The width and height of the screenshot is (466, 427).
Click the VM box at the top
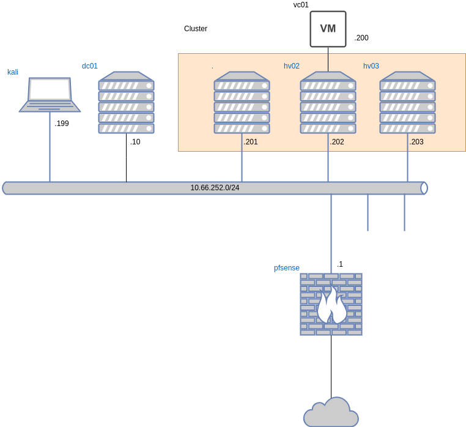click(x=328, y=29)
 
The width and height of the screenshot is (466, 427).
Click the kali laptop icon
click(x=50, y=95)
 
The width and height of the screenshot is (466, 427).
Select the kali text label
click(x=13, y=72)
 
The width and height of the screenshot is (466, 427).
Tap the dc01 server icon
click(x=126, y=103)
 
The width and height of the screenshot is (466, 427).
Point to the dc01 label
click(x=90, y=66)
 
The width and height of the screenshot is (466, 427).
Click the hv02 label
click(x=292, y=66)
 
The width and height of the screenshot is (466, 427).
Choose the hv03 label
click(x=371, y=66)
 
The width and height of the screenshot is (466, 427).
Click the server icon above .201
click(x=242, y=103)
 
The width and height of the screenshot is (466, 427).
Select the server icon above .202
click(x=328, y=103)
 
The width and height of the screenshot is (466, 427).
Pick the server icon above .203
click(x=407, y=103)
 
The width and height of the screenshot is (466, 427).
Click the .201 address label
click(x=251, y=142)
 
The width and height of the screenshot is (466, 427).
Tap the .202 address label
click(x=337, y=142)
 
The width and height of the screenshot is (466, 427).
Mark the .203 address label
click(x=416, y=142)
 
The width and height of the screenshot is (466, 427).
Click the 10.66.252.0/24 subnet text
click(x=215, y=188)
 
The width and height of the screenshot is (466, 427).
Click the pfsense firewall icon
click(x=331, y=304)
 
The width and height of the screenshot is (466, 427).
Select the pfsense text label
click(x=286, y=268)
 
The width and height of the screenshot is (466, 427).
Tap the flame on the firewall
click(x=331, y=305)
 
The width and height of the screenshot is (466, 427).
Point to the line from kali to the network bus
click(x=50, y=147)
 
